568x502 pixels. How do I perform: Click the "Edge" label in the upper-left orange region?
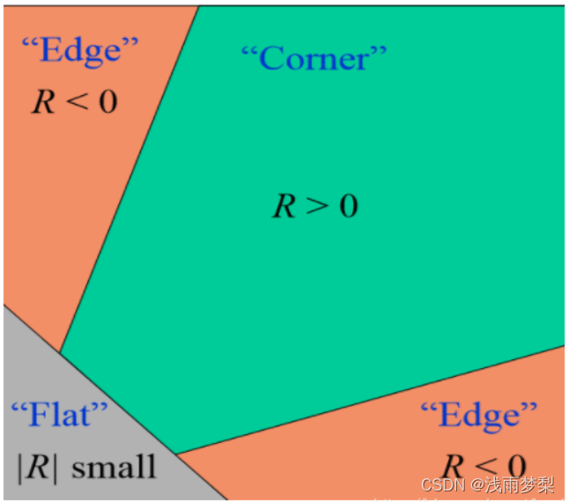pos(78,50)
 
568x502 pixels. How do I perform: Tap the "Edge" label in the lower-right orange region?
pos(478,414)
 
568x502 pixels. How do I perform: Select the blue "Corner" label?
pos(314,58)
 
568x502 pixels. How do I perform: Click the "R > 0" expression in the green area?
pos(314,206)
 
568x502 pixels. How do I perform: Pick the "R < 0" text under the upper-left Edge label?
pos(74,101)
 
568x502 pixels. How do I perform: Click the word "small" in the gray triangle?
pos(114,466)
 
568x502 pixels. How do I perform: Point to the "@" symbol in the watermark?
pos(475,486)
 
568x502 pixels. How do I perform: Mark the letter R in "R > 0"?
pos(283,207)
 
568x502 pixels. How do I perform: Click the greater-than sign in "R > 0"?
pos(314,207)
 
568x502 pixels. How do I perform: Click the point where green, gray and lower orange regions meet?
pos(175,454)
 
